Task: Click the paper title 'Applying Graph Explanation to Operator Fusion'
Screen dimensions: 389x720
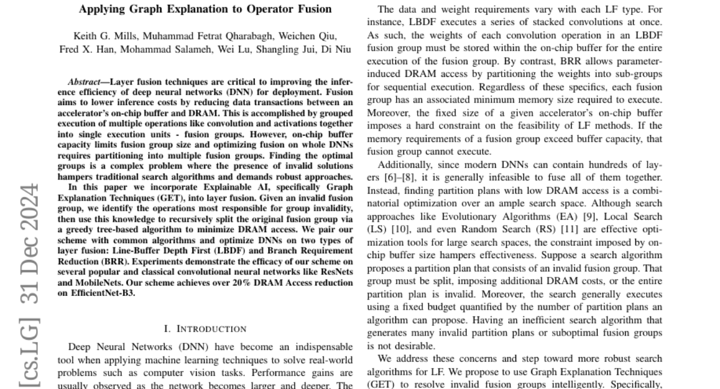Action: [x=205, y=10]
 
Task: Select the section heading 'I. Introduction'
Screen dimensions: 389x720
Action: [x=205, y=328]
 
